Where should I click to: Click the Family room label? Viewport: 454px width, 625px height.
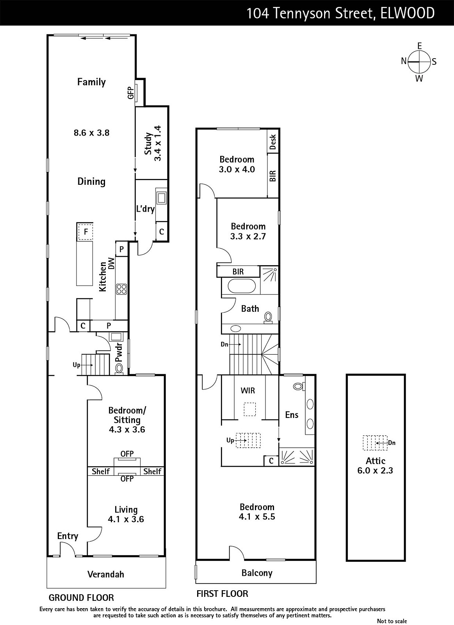point(91,82)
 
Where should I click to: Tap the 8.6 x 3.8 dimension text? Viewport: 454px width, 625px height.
point(91,132)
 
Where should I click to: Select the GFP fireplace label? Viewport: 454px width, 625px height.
point(130,92)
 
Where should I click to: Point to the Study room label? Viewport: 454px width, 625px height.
point(148,144)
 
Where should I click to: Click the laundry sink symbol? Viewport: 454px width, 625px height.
point(162,198)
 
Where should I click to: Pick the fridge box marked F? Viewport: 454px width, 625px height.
point(85,232)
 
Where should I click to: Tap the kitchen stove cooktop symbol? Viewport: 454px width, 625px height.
point(121,289)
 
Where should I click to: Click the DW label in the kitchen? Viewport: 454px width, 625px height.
point(112,263)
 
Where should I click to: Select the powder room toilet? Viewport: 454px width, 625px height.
point(119,368)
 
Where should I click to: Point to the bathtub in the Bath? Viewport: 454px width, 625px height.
point(241,286)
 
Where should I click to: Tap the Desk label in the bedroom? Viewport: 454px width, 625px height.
point(273,142)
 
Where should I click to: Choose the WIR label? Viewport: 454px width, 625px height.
point(248,390)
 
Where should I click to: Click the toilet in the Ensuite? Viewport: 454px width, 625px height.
point(299,386)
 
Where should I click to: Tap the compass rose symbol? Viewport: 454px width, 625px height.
point(419,62)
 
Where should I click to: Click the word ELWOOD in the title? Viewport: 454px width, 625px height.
point(407,13)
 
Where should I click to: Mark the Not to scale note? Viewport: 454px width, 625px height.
point(392,621)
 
